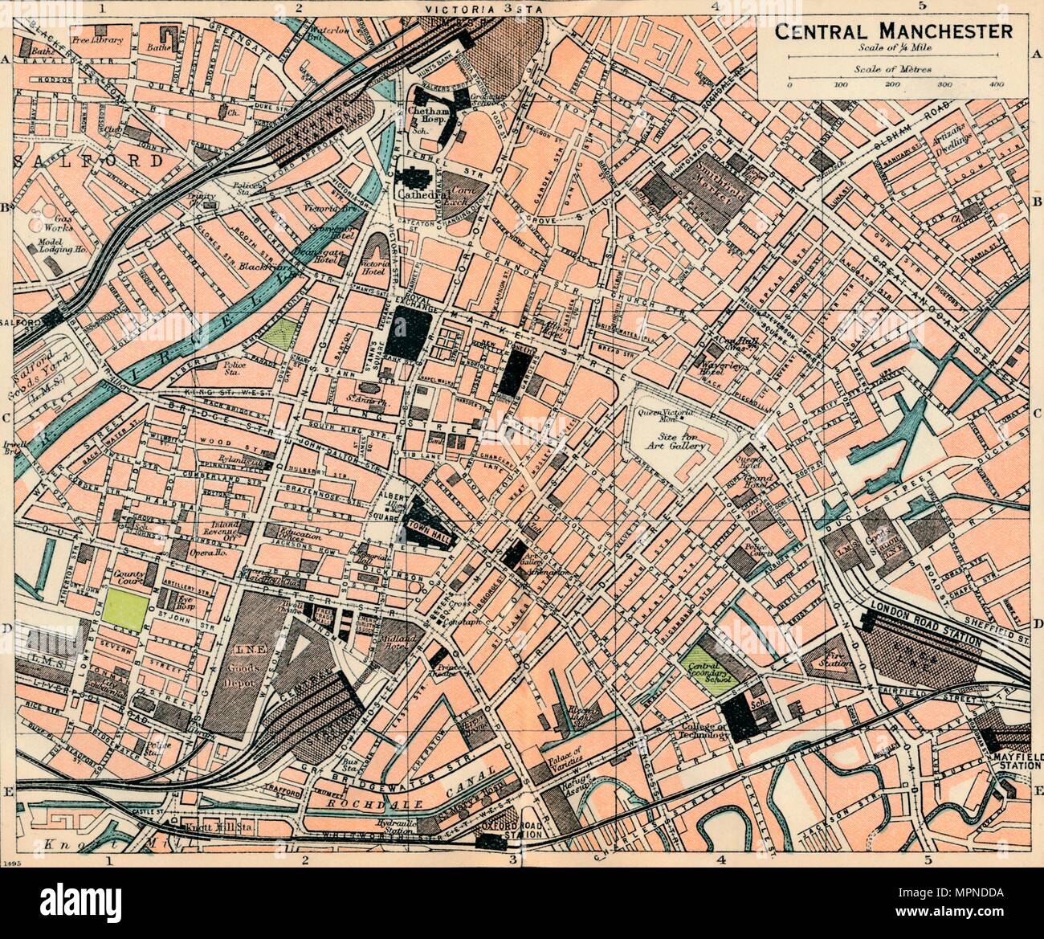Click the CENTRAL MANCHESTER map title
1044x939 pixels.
point(892,32)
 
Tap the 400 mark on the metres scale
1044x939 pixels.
point(997,84)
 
